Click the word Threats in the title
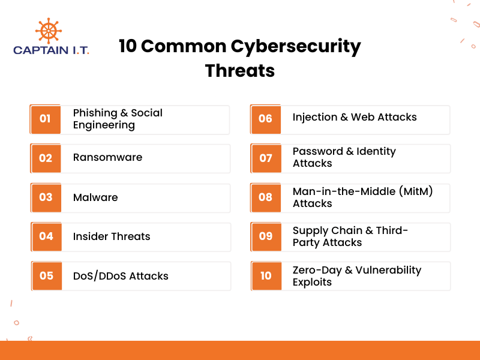240,70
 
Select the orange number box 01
46,119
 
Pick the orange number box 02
46,158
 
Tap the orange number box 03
46,197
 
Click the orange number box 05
46,276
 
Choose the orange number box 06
265,119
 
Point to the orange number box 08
265,197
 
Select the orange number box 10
266,276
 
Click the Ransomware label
107,157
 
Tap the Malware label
95,197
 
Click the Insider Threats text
112,236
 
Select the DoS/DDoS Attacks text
121,276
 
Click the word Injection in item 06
314,117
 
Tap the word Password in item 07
318,151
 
